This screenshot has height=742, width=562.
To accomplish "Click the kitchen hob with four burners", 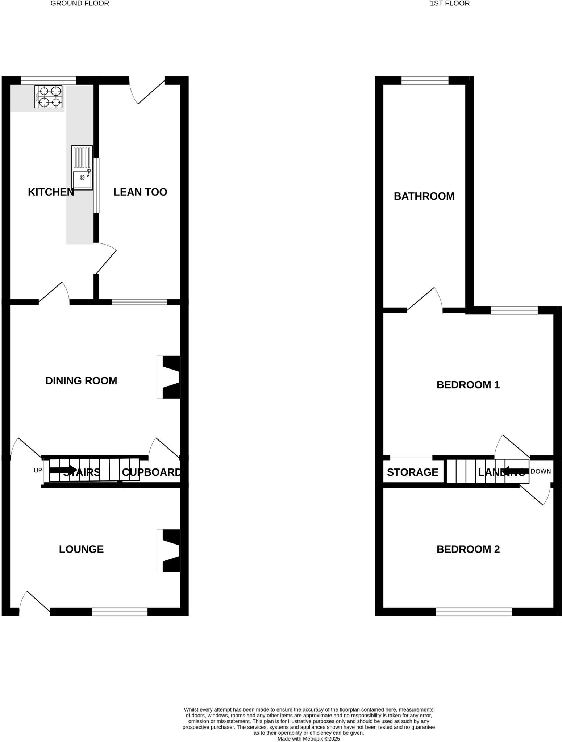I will click(x=48, y=97).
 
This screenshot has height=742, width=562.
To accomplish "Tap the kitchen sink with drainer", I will click(x=82, y=168).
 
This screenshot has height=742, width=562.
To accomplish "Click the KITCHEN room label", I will click(x=51, y=192).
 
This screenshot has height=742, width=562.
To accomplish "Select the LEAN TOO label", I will click(x=140, y=192).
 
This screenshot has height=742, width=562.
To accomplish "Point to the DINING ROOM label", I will click(x=81, y=381).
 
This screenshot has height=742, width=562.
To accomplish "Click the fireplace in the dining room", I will click(x=169, y=377).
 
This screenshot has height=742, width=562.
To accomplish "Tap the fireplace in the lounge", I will click(x=169, y=551).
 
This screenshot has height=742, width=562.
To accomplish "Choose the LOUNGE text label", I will click(x=81, y=549).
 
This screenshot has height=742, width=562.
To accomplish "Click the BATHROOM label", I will click(x=424, y=196).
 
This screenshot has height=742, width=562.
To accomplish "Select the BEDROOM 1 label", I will click(x=468, y=385).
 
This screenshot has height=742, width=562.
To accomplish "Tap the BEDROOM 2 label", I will click(x=468, y=549).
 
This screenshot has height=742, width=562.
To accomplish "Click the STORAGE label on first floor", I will click(x=412, y=472).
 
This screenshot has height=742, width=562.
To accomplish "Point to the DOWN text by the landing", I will click(x=540, y=471).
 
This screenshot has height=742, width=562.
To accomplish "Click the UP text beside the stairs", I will click(x=38, y=471).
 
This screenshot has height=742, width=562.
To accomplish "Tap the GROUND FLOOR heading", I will click(x=80, y=4).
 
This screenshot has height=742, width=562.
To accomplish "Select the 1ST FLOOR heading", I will click(x=449, y=4).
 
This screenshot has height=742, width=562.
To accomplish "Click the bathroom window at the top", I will click(x=425, y=80).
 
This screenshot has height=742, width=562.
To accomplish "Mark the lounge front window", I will click(x=120, y=612).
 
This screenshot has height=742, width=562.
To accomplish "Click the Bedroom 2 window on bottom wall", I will click(x=474, y=612).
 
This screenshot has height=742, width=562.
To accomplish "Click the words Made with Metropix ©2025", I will click(x=308, y=738).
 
